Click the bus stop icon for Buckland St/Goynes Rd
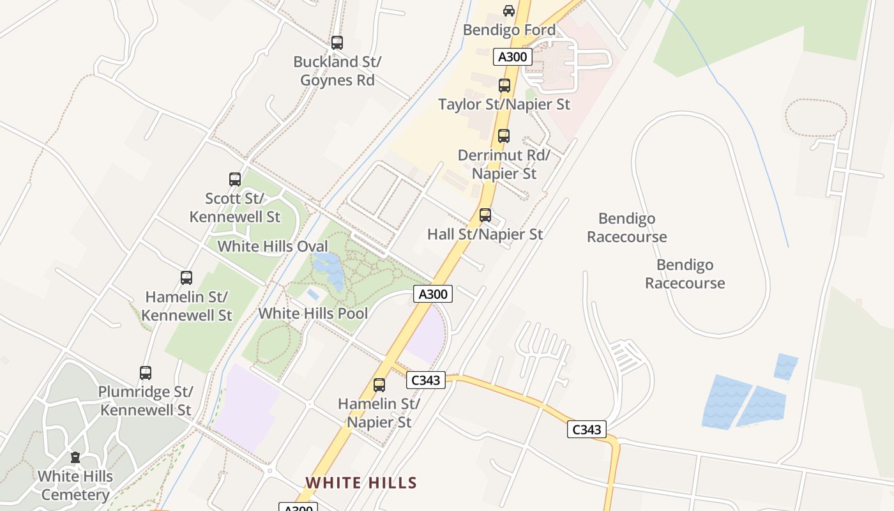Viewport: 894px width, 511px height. [337, 43]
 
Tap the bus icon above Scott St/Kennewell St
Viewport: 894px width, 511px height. [235, 179]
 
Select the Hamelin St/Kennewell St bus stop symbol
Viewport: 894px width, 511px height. [186, 278]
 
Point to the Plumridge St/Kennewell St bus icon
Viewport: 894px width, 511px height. [146, 373]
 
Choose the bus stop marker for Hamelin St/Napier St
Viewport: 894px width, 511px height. [379, 385]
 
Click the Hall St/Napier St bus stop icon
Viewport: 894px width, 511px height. [485, 215]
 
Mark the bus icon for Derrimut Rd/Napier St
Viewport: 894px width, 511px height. [504, 136]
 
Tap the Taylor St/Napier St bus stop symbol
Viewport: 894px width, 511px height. [504, 86]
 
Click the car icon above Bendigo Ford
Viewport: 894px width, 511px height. [509, 11]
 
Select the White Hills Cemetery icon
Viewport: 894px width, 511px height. [75, 457]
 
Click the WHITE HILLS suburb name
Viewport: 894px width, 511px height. [361, 483]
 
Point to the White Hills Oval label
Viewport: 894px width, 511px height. [273, 247]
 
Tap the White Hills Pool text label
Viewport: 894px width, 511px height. [313, 314]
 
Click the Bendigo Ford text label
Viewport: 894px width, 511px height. [509, 30]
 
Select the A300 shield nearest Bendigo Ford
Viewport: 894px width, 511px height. [512, 57]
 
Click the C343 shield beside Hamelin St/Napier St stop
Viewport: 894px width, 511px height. [425, 380]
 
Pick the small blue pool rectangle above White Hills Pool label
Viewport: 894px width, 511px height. [313, 294]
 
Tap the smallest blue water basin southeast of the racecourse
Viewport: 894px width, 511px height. [785, 367]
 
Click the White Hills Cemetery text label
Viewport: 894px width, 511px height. [75, 485]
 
